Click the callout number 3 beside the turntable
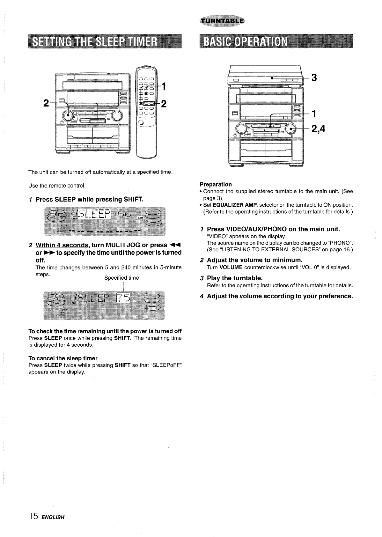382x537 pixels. coord(314,77)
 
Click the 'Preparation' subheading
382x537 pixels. coord(216,184)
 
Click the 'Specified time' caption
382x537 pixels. coord(121,278)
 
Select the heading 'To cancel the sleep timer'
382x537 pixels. coord(63,358)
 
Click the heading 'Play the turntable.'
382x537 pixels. coord(235,278)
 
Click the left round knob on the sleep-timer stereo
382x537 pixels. coord(70,114)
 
